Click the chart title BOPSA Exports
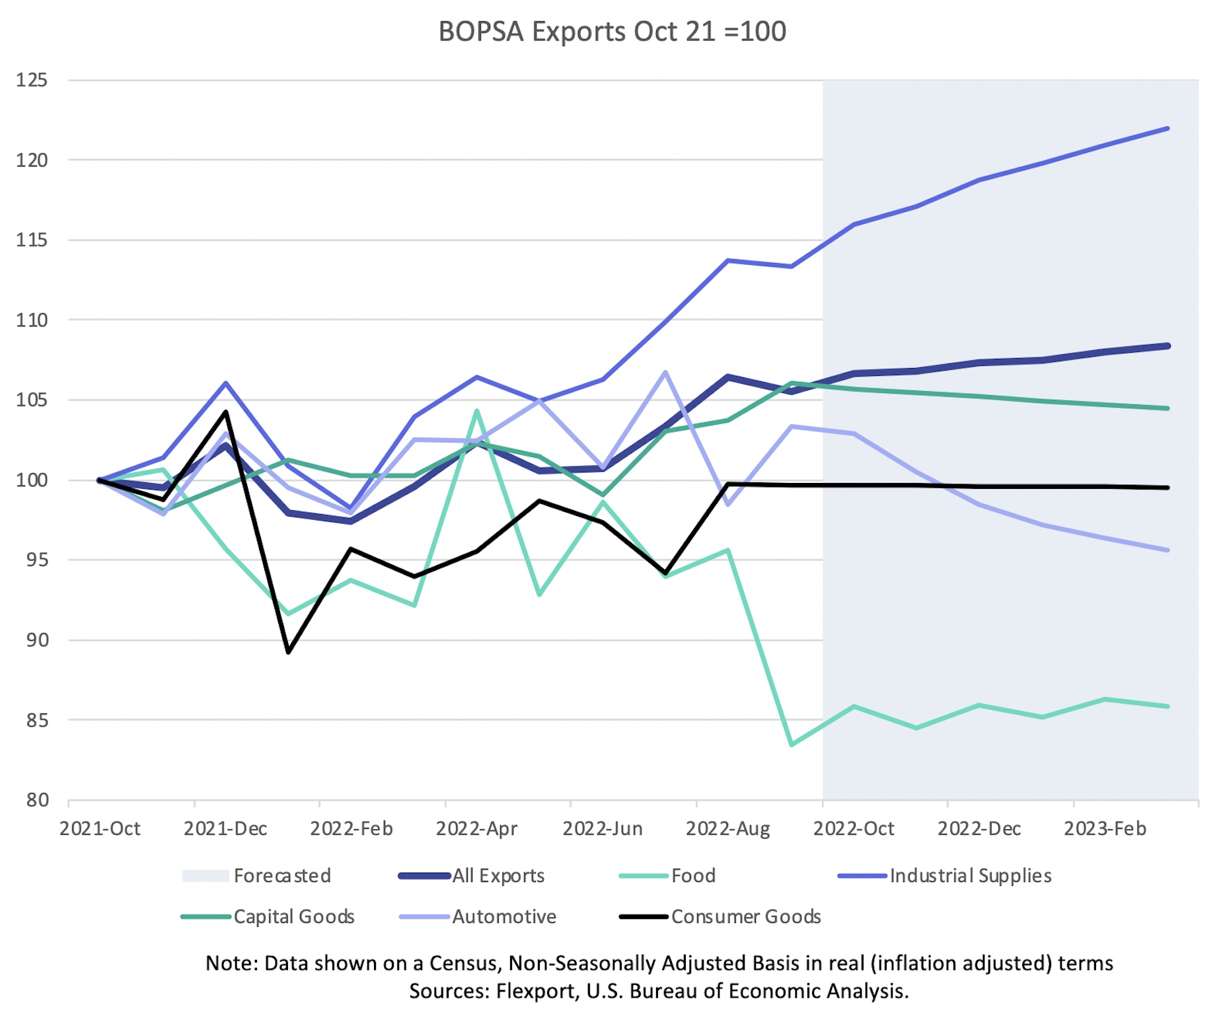coord(612,32)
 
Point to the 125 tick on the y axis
coord(32,81)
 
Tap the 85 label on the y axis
coord(37,720)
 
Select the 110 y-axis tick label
coord(32,320)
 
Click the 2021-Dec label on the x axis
coord(225,828)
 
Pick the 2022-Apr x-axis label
coord(476,828)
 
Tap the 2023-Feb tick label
coord(1105,828)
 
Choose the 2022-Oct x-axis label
coord(854,828)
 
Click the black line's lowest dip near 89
coord(289,652)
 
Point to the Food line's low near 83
coord(792,745)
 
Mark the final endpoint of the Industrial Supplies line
coord(1167,128)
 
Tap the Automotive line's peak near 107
coord(665,372)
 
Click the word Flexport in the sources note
coord(536,991)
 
